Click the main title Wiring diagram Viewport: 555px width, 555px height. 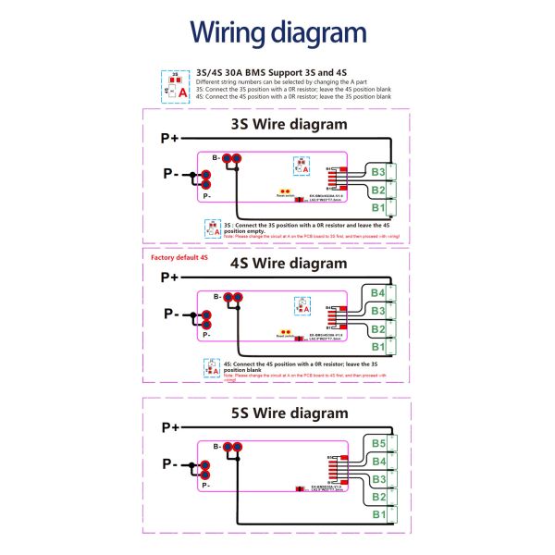pyautogui.click(x=277, y=33)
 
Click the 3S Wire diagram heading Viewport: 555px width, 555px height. pyautogui.click(x=289, y=124)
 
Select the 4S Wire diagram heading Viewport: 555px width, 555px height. pyautogui.click(x=289, y=263)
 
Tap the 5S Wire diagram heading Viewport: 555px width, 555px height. pyautogui.click(x=289, y=413)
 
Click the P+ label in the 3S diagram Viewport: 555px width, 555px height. pyautogui.click(x=169, y=139)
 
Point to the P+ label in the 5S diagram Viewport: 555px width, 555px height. pyautogui.click(x=169, y=427)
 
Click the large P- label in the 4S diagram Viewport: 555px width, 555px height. pyautogui.click(x=169, y=313)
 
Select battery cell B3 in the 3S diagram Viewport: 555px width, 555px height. pyautogui.click(x=377, y=172)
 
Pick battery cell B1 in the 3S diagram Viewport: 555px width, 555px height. pyautogui.click(x=377, y=208)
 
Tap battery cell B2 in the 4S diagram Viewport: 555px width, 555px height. pyautogui.click(x=377, y=329)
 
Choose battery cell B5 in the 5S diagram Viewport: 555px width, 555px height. pyautogui.click(x=377, y=444)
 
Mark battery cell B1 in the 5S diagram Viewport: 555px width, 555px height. pyautogui.click(x=377, y=514)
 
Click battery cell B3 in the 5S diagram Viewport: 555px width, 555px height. pyautogui.click(x=377, y=479)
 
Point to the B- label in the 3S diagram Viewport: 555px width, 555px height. pyautogui.click(x=216, y=158)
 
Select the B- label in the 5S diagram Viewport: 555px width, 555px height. pyautogui.click(x=216, y=447)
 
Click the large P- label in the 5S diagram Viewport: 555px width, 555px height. pyautogui.click(x=169, y=462)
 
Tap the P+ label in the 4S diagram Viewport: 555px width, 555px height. pyautogui.click(x=169, y=277)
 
